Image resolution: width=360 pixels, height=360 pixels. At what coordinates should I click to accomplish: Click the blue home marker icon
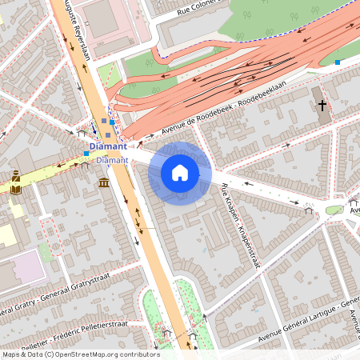180,173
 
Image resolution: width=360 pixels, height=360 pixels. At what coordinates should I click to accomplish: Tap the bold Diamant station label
109,146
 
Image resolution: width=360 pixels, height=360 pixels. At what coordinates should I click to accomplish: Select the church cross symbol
322,106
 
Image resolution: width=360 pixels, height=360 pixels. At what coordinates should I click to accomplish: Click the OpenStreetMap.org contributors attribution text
104,354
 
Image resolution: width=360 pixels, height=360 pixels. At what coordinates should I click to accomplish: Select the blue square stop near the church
338,62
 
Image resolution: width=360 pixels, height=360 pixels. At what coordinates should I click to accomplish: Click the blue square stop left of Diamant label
86,154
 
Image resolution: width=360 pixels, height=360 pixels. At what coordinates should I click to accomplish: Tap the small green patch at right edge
334,210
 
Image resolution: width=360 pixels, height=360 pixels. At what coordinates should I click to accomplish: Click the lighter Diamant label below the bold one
112,160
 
